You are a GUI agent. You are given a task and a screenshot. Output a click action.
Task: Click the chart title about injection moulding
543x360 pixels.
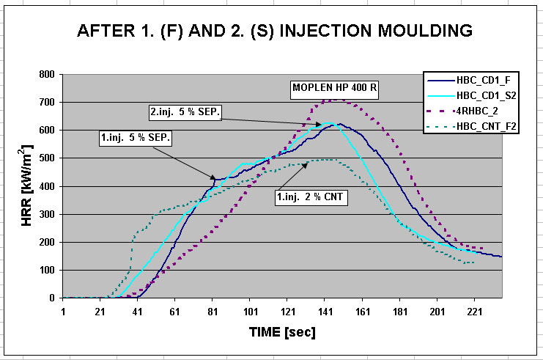pyautogui.click(x=272, y=32)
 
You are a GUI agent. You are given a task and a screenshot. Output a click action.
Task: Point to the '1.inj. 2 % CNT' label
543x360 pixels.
pyautogui.click(x=311, y=196)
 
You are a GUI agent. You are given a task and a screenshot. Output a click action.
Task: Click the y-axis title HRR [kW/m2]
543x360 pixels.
pyautogui.click(x=28, y=186)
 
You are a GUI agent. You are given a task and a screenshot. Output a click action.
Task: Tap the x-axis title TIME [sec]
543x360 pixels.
pyautogui.click(x=282, y=332)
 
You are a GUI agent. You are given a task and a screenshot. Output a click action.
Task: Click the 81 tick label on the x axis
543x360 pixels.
pyautogui.click(x=213, y=310)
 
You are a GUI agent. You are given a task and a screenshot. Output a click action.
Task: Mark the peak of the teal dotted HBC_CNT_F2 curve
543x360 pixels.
pyautogui.click(x=325, y=160)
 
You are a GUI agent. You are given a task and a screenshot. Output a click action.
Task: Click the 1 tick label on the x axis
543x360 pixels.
pyautogui.click(x=63, y=310)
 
